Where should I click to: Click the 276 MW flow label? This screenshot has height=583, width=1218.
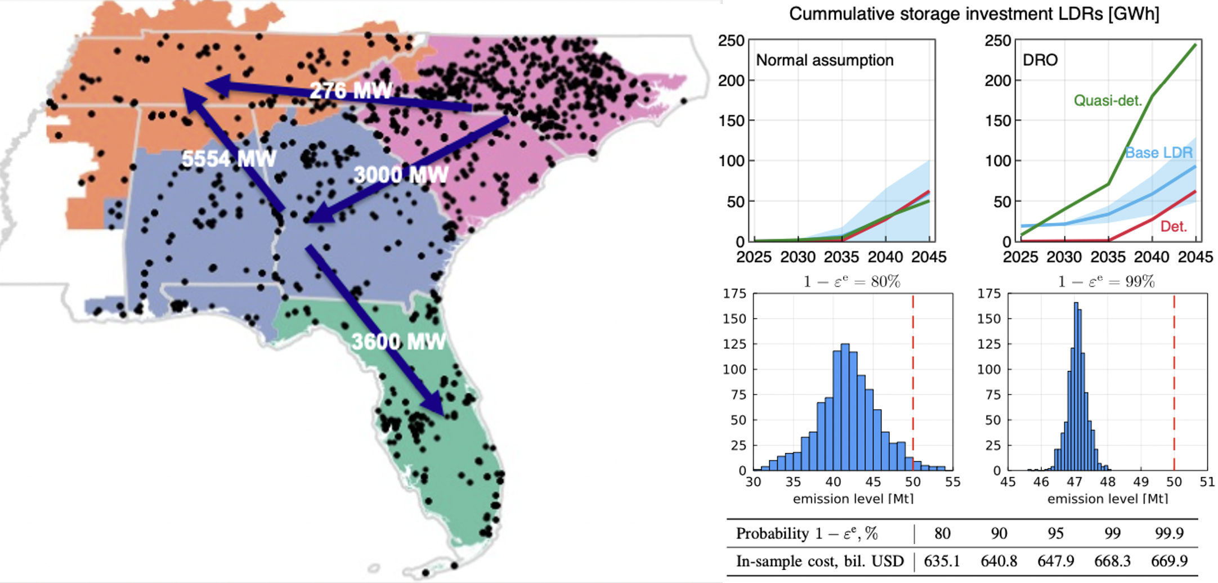351,91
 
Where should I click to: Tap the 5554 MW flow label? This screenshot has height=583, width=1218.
229,159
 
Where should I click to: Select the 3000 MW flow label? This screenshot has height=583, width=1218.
401,175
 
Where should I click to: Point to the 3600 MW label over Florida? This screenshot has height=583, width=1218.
398,342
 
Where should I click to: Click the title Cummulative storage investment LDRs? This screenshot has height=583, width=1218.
974,14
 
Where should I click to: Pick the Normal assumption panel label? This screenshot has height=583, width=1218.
824,60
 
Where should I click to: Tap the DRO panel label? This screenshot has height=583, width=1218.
1040,60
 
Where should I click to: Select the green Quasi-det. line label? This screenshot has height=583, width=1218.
1108,101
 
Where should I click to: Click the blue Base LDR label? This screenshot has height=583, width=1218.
1158,153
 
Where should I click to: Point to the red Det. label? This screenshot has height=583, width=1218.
1174,226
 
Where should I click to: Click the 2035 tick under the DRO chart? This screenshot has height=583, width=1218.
1108,257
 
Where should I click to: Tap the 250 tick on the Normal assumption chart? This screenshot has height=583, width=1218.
731,41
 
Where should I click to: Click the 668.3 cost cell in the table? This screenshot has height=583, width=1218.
1112,561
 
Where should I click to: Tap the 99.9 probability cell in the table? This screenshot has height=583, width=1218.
1169,533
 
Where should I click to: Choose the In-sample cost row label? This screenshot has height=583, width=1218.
820,561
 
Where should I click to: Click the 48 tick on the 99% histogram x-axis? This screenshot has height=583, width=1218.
1107,482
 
